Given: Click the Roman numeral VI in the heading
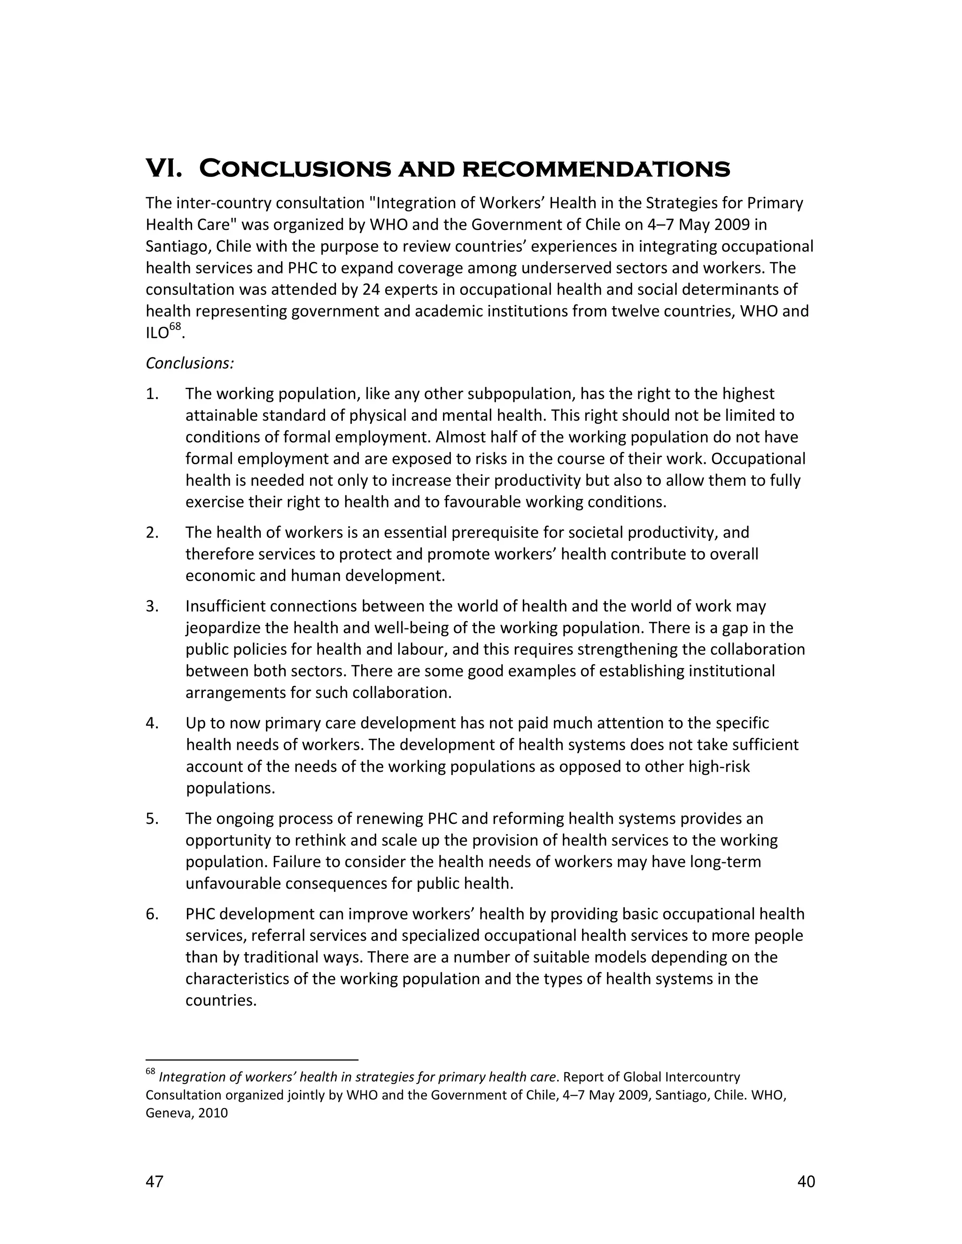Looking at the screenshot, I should pos(163,169).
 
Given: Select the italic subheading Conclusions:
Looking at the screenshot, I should pos(190,363).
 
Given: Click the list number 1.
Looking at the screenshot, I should pos(152,393).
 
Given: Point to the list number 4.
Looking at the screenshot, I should pos(152,723).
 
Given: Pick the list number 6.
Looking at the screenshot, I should pos(152,914).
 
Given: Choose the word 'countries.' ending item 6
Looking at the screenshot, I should pos(221,1001).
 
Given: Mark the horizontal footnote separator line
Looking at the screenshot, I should pos(251,1060).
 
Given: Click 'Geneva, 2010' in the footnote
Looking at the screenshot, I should pos(186,1113).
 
